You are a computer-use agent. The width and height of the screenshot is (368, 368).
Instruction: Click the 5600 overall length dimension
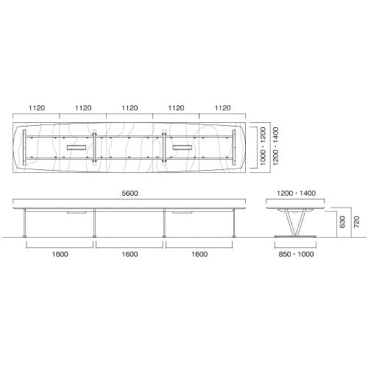coord(130,194)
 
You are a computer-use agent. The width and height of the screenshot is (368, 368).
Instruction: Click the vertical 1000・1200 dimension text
coord(262,147)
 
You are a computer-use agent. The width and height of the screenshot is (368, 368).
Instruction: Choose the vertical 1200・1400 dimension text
coord(275,147)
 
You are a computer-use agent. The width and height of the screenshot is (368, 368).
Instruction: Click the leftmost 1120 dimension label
coord(37,107)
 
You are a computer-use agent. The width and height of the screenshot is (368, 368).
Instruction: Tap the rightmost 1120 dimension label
coord(222,107)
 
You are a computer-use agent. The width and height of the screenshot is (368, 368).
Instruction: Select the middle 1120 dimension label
coord(130,107)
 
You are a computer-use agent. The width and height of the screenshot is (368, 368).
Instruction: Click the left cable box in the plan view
coord(76,148)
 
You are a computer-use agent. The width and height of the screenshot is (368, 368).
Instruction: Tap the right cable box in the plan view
coord(183,148)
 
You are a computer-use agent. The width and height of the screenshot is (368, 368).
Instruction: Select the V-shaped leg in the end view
coord(294,221)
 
